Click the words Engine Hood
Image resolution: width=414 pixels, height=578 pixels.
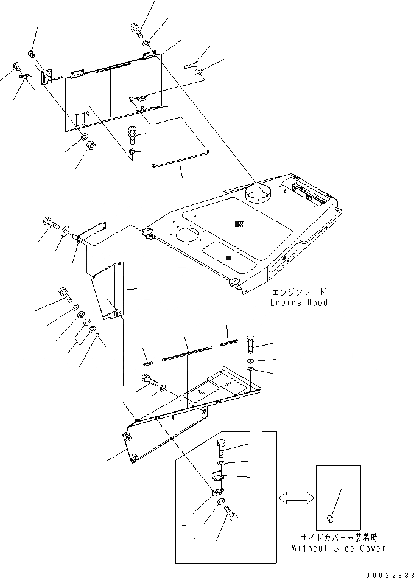(299, 302)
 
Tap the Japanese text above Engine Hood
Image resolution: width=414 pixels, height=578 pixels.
(299, 292)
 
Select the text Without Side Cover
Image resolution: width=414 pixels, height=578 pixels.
(342, 548)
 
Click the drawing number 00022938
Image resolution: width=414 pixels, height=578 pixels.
(389, 573)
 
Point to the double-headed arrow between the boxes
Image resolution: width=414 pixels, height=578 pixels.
(296, 497)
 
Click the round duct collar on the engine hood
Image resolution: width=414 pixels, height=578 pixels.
(258, 195)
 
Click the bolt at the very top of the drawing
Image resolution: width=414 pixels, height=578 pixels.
(135, 29)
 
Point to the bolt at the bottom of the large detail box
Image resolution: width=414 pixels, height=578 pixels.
(231, 515)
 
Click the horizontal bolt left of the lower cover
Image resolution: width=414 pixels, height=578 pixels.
(149, 383)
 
